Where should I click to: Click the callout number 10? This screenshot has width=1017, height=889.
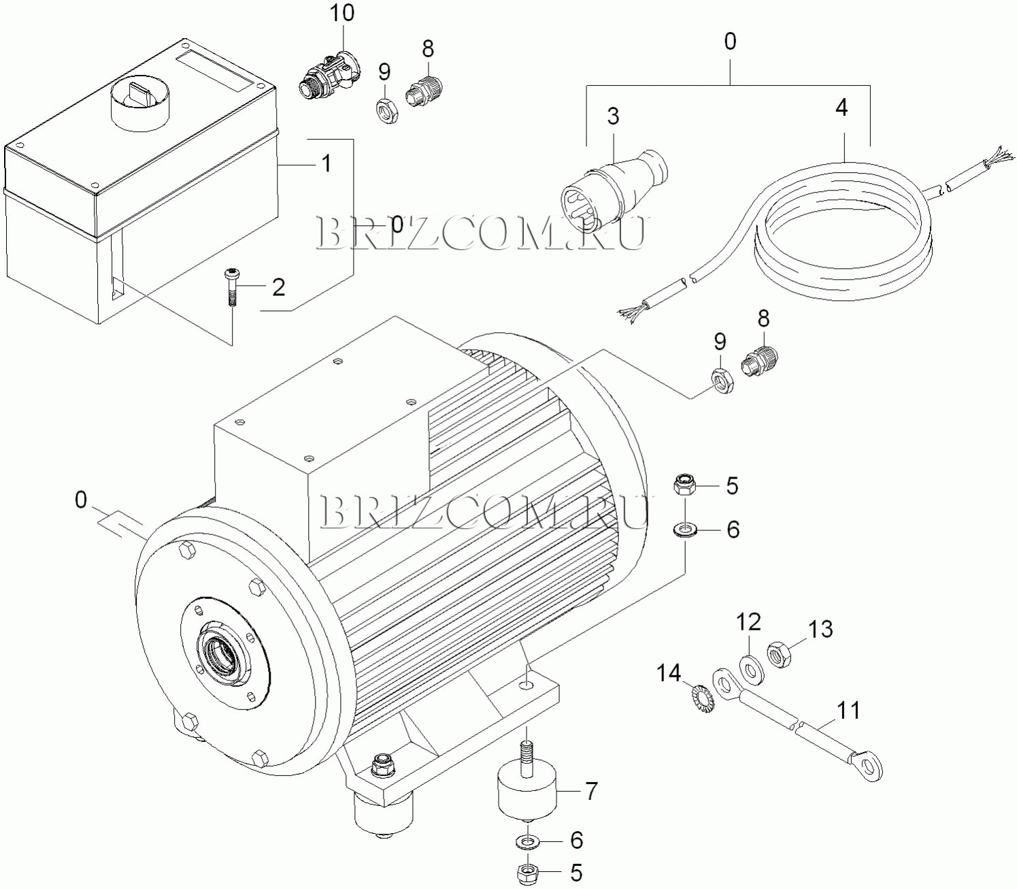pyautogui.click(x=342, y=14)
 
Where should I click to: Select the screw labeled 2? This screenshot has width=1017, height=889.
pyautogui.click(x=232, y=287)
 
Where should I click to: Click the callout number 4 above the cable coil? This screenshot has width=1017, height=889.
pyautogui.click(x=841, y=108)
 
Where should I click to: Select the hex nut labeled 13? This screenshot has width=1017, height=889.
pyautogui.click(x=780, y=655)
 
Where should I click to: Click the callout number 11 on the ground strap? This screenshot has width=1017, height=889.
pyautogui.click(x=848, y=711)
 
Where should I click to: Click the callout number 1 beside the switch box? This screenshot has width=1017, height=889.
pyautogui.click(x=327, y=163)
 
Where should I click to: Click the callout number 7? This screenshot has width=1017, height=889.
pyautogui.click(x=590, y=791)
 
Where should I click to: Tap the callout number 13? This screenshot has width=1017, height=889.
pyautogui.click(x=820, y=630)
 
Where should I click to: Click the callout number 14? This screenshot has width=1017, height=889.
pyautogui.click(x=669, y=674)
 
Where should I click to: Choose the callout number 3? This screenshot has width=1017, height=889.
pyautogui.click(x=614, y=116)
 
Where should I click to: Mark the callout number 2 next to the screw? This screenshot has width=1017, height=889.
pyautogui.click(x=278, y=287)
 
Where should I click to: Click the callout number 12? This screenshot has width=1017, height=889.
pyautogui.click(x=748, y=622)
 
